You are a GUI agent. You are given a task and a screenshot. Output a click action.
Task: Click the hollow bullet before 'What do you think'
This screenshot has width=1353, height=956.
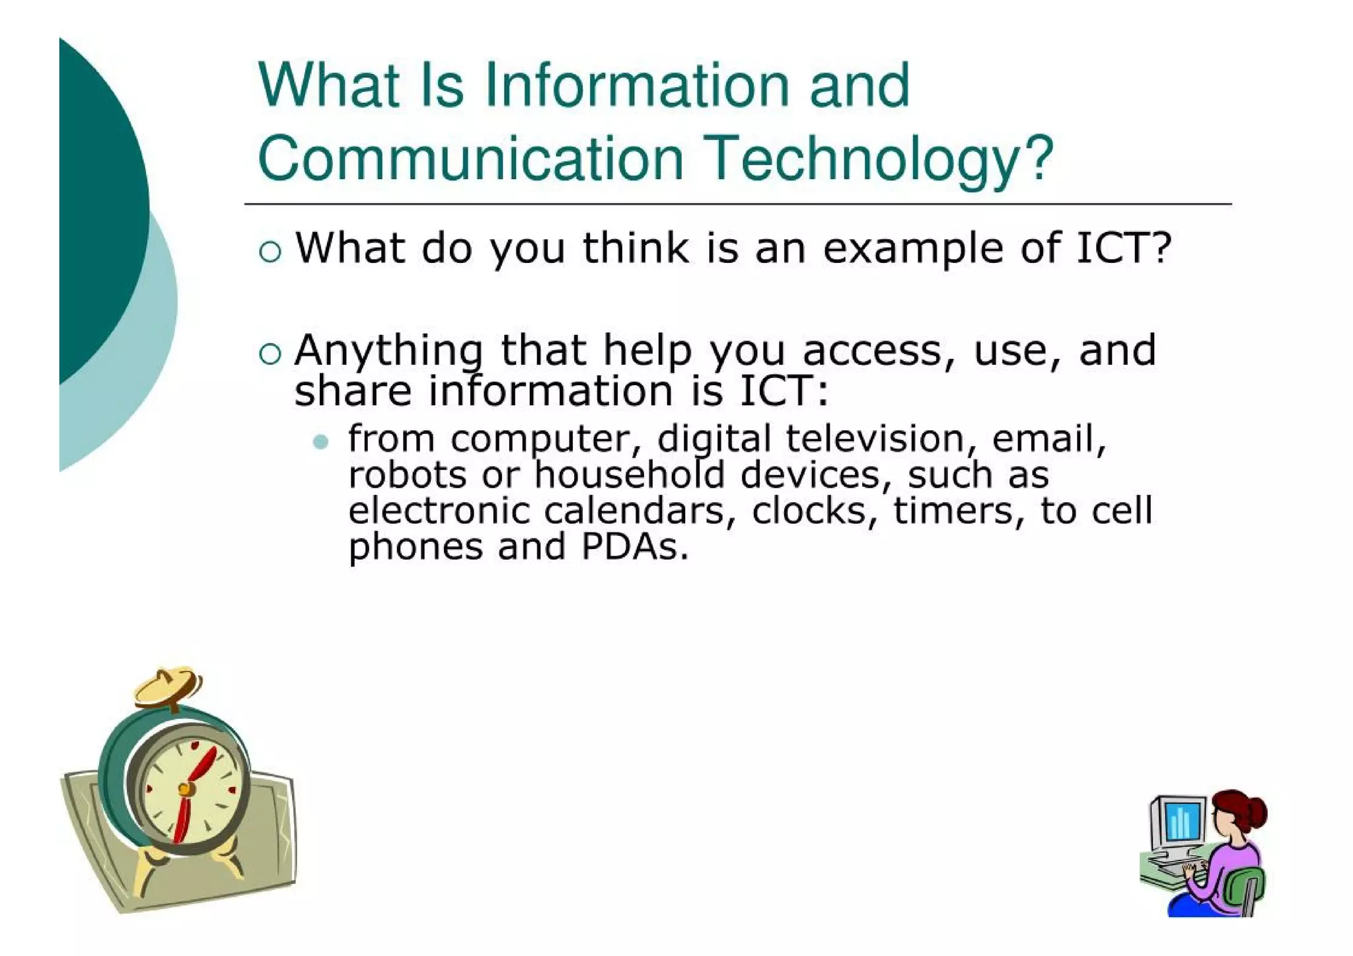[x=270, y=252]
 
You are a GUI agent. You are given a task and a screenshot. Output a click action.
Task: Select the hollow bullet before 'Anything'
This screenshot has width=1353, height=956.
[x=270, y=354]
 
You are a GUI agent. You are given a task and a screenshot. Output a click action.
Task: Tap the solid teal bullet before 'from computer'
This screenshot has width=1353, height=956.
[x=321, y=441]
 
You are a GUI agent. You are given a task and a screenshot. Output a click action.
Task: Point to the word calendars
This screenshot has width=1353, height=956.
[x=634, y=511]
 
